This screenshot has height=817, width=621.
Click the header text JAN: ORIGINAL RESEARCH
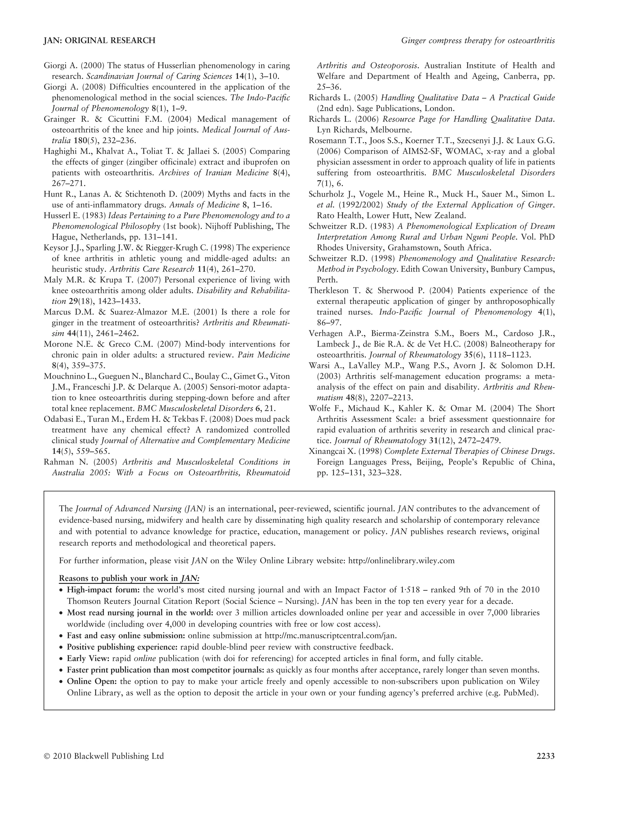(99, 41)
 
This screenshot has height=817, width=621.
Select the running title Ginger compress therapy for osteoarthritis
(478, 41)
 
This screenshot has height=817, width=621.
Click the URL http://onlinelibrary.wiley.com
(401, 561)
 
